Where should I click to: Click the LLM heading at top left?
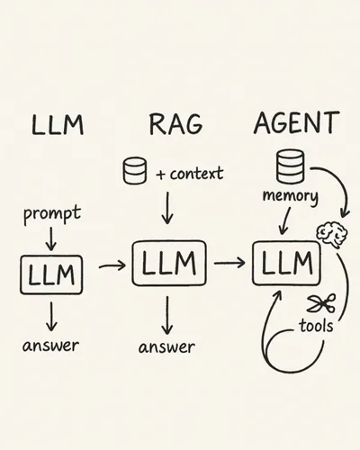[58, 124]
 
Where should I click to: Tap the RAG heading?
[175, 124]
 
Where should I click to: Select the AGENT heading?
[296, 122]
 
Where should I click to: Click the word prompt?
[52, 214]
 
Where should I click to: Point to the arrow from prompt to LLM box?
[51, 238]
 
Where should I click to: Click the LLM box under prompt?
[51, 274]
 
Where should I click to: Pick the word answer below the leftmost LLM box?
[50, 346]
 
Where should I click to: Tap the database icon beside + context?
[135, 170]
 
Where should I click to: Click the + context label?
[190, 174]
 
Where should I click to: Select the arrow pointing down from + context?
[167, 208]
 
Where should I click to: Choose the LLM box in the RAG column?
[169, 263]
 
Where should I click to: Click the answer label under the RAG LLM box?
[166, 347]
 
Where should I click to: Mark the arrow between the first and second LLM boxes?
[112, 265]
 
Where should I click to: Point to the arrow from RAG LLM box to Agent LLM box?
[229, 263]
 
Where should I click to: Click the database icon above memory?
[290, 166]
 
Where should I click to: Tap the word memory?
[290, 196]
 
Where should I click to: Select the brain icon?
[332, 234]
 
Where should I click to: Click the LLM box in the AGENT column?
[286, 263]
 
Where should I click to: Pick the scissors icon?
[321, 303]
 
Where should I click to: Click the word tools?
[316, 326]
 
